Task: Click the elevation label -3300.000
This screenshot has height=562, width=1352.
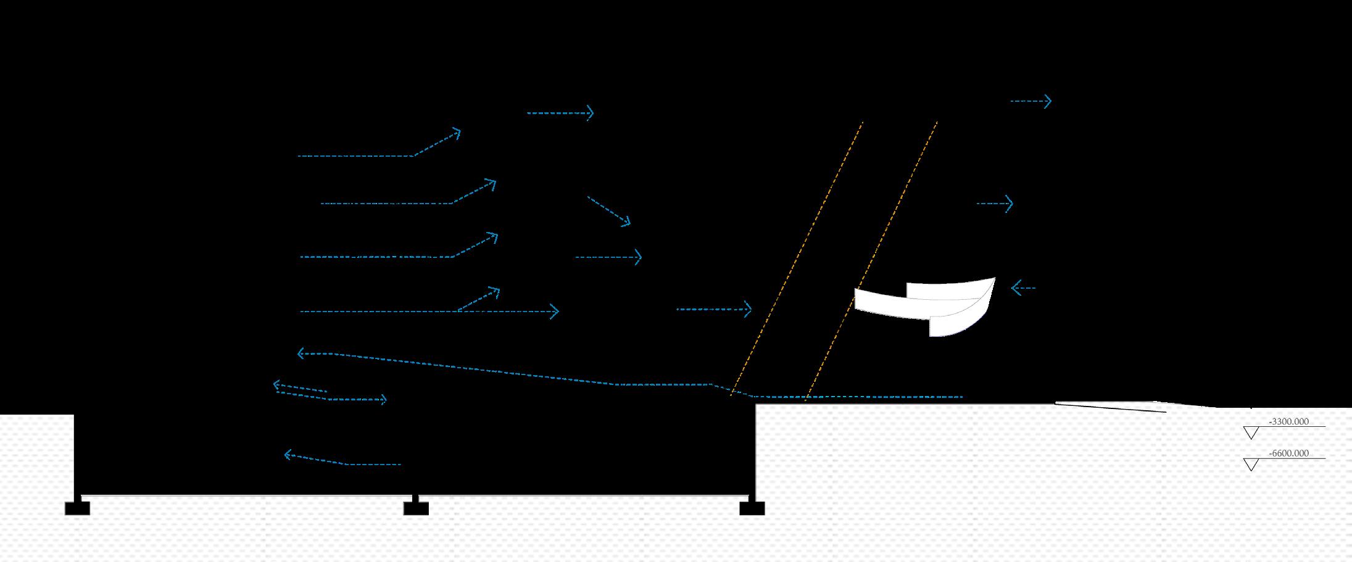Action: point(1288,422)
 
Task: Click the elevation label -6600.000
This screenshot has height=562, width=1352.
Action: point(1288,453)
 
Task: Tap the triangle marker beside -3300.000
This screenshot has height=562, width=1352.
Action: point(1251,432)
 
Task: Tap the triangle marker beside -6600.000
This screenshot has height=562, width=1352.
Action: point(1251,464)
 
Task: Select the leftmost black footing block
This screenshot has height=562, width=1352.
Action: point(77,508)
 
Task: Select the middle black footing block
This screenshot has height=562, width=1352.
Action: point(416,508)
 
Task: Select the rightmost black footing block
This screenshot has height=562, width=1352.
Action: point(752,508)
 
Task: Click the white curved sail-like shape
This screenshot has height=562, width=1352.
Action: point(926,305)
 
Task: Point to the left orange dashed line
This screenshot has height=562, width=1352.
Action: point(796,259)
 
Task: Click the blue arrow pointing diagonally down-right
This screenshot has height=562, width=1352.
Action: point(609,210)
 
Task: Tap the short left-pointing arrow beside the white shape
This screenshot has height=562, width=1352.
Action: point(1022,287)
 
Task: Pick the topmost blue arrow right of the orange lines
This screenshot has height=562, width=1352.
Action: point(1031,101)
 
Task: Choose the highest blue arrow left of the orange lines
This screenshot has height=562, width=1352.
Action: point(560,113)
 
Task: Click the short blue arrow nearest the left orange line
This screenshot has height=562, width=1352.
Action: point(714,309)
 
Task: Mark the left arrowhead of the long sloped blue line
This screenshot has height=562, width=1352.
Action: point(301,353)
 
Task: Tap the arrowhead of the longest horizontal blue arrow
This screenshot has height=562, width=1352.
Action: point(555,312)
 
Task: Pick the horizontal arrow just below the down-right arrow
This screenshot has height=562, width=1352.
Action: point(608,257)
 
